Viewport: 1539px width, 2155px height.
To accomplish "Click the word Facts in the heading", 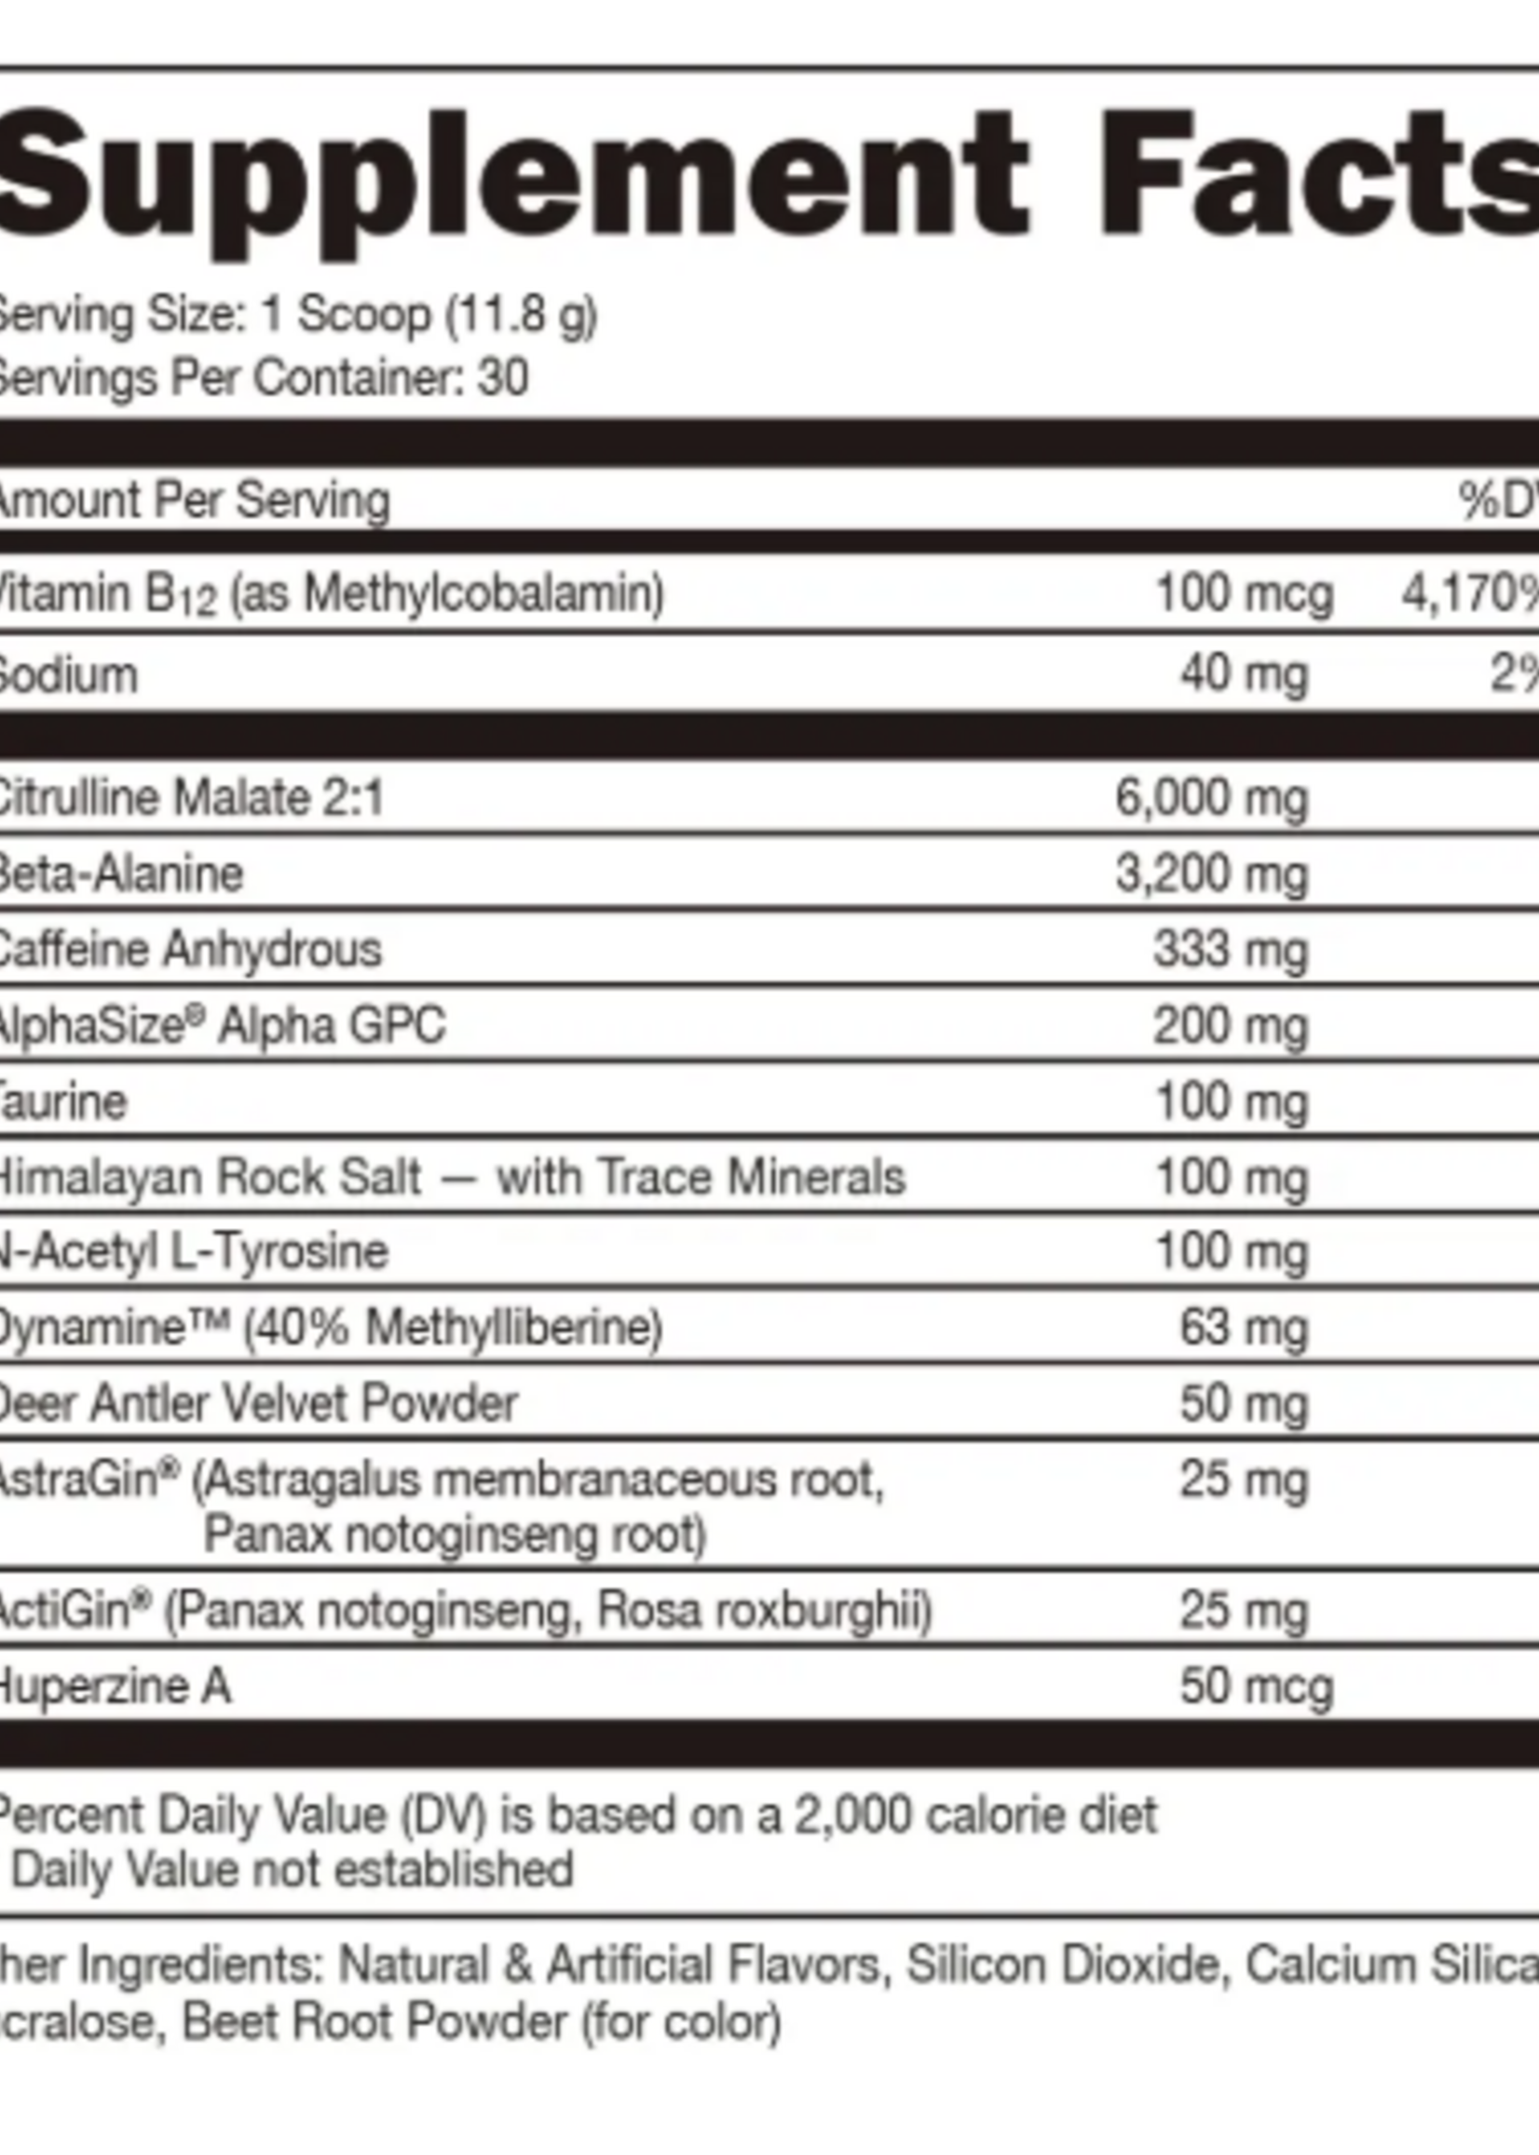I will coord(1327,184).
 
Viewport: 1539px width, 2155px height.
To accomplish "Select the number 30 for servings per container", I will coord(502,378).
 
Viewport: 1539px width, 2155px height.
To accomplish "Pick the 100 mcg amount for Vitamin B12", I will coord(1245,594).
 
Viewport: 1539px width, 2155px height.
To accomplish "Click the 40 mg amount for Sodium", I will coord(1244,675).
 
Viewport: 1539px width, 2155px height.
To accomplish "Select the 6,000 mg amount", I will coord(1211,797).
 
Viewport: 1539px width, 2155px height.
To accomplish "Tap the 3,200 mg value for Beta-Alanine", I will coord(1211,874).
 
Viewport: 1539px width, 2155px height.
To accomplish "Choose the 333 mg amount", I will coord(1230,949).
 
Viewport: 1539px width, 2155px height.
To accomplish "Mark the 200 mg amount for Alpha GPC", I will coord(1230,1026).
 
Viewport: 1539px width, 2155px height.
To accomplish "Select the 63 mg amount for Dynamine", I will coord(1244,1327).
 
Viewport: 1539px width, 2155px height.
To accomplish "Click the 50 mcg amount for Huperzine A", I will coord(1256,1686).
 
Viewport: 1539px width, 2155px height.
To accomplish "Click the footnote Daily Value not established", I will coord(292,1870).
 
